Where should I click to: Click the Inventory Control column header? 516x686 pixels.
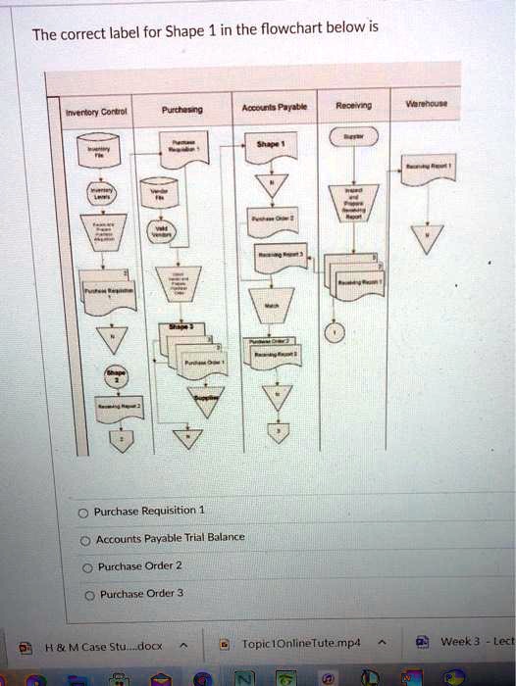point(89,112)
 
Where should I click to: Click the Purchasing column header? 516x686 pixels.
point(182,110)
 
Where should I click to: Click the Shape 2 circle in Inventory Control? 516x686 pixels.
point(116,377)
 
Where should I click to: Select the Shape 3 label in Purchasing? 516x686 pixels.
point(182,327)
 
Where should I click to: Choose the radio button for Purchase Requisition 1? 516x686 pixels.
point(85,512)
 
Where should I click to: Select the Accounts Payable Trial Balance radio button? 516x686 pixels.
point(85,539)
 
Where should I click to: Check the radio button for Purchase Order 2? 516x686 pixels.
point(85,566)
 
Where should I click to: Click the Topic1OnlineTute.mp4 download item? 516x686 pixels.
point(300,644)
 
